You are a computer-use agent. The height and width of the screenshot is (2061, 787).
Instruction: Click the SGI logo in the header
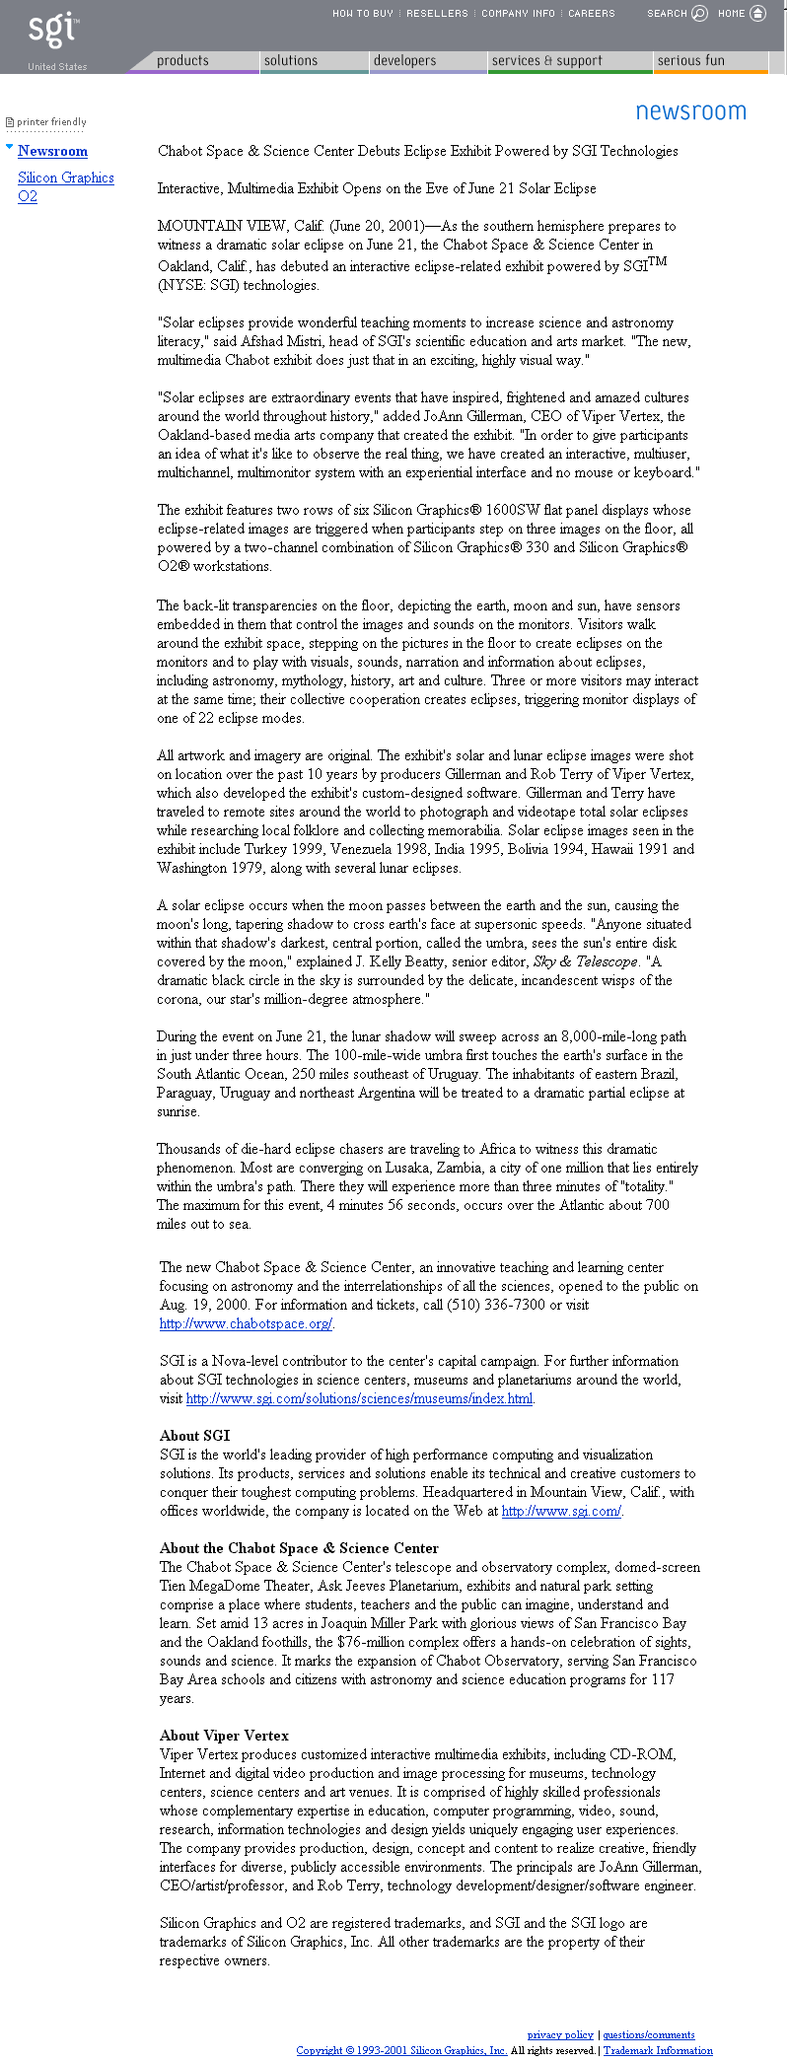(52, 30)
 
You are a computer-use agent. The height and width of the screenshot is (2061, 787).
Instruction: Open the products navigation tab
(182, 61)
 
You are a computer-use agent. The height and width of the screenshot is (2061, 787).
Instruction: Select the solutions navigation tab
(291, 61)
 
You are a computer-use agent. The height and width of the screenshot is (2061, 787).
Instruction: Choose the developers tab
(404, 61)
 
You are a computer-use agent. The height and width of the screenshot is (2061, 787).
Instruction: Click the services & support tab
(545, 61)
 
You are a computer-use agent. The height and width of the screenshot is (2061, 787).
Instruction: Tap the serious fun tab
(690, 61)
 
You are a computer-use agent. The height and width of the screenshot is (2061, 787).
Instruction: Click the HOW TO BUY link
(362, 14)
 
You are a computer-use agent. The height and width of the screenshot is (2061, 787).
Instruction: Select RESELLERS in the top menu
(437, 14)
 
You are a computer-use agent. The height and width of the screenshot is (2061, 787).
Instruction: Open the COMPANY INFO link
(518, 14)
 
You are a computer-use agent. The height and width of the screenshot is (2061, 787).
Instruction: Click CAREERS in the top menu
(591, 14)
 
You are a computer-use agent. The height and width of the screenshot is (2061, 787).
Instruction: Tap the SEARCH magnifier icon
(699, 14)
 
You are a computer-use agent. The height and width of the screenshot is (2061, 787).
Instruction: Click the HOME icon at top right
(757, 14)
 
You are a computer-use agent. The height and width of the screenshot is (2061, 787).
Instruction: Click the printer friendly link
(50, 122)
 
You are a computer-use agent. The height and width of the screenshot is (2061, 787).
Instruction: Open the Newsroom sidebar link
(52, 151)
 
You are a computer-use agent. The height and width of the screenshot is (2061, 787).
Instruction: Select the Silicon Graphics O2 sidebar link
(65, 186)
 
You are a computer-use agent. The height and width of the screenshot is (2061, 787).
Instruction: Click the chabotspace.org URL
(246, 1323)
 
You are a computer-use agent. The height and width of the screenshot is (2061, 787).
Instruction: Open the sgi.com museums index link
(359, 1398)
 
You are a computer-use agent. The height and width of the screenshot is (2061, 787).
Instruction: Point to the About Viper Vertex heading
(224, 1736)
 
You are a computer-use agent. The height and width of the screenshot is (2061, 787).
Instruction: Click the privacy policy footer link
(560, 2034)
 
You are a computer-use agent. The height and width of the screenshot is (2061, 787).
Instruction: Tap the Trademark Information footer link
(658, 2050)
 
